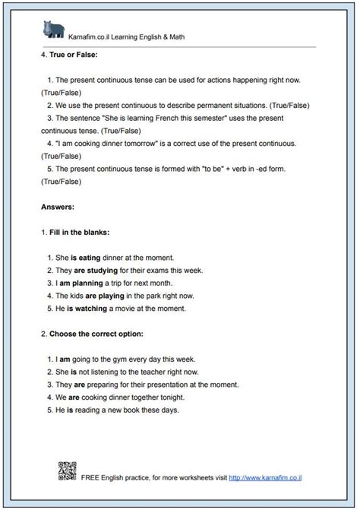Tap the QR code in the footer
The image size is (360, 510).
coord(67,471)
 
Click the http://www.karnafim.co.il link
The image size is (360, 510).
coord(270,478)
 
